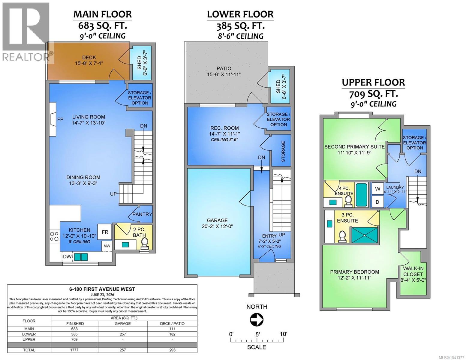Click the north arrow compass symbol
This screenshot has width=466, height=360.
257,320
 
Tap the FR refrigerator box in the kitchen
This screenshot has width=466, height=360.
105,232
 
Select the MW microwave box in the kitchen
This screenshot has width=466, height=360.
107,246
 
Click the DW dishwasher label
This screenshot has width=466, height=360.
67,256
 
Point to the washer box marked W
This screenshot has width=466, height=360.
378,189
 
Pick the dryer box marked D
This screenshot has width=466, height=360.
378,202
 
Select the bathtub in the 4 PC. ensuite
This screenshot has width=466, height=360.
361,195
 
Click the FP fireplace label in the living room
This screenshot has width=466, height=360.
60,119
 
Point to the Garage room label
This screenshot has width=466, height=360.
217,220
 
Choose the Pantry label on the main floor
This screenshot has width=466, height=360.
142,214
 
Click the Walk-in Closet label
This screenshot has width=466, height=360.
413,271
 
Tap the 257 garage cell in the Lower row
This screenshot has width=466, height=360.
123,334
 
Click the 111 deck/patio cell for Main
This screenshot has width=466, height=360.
172,329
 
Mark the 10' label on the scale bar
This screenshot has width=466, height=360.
283,334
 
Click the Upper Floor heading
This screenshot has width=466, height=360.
373,82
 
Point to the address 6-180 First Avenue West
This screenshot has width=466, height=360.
102,289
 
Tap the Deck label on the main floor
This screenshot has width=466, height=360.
89,58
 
